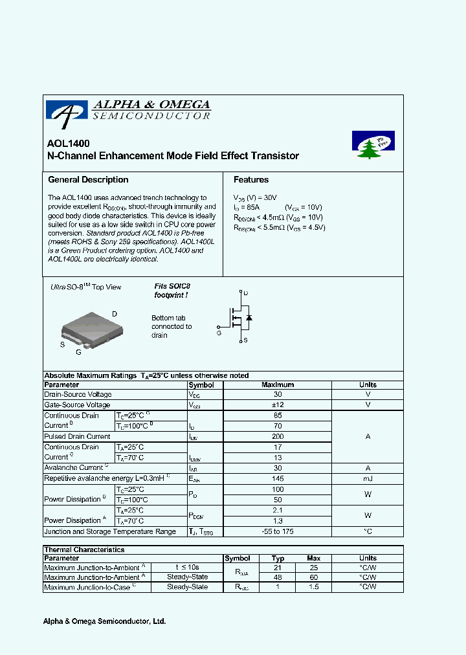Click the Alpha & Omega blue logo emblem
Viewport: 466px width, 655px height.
(66, 111)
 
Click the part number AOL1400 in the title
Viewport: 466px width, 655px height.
(69, 144)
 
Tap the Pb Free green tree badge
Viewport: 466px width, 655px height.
(373, 146)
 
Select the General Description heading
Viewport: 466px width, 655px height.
(88, 180)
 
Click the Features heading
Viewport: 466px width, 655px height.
(251, 180)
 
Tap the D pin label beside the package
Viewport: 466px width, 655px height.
(115, 314)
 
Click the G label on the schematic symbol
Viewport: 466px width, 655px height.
(219, 333)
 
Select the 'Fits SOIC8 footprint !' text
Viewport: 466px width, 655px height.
(172, 291)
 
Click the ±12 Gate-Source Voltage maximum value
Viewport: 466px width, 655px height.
(278, 405)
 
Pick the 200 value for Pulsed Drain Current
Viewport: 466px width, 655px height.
(278, 437)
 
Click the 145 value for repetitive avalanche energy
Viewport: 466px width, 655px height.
(278, 478)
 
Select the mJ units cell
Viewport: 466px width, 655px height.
(368, 478)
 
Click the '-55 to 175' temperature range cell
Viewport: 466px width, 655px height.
(278, 531)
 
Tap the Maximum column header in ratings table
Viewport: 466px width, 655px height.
(278, 384)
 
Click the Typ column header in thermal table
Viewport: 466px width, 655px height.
(278, 558)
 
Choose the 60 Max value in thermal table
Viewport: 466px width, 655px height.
(313, 577)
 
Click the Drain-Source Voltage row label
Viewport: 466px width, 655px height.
(78, 394)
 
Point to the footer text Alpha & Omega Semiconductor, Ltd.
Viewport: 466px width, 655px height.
(104, 621)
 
